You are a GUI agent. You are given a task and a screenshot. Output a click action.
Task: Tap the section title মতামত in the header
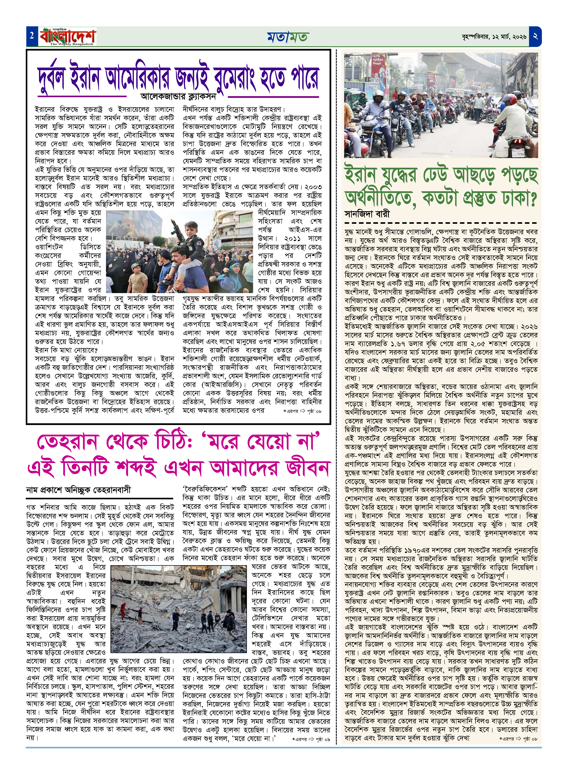point(288,37)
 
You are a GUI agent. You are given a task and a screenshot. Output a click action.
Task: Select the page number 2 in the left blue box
point(32,36)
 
